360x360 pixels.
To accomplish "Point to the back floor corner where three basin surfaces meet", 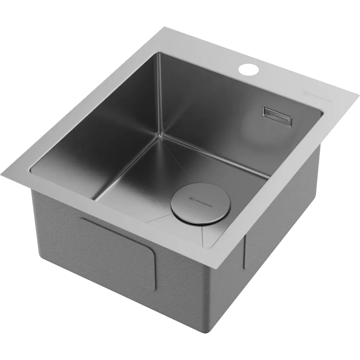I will (x=159, y=135).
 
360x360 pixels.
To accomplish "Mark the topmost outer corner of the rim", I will (x=165, y=27).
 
